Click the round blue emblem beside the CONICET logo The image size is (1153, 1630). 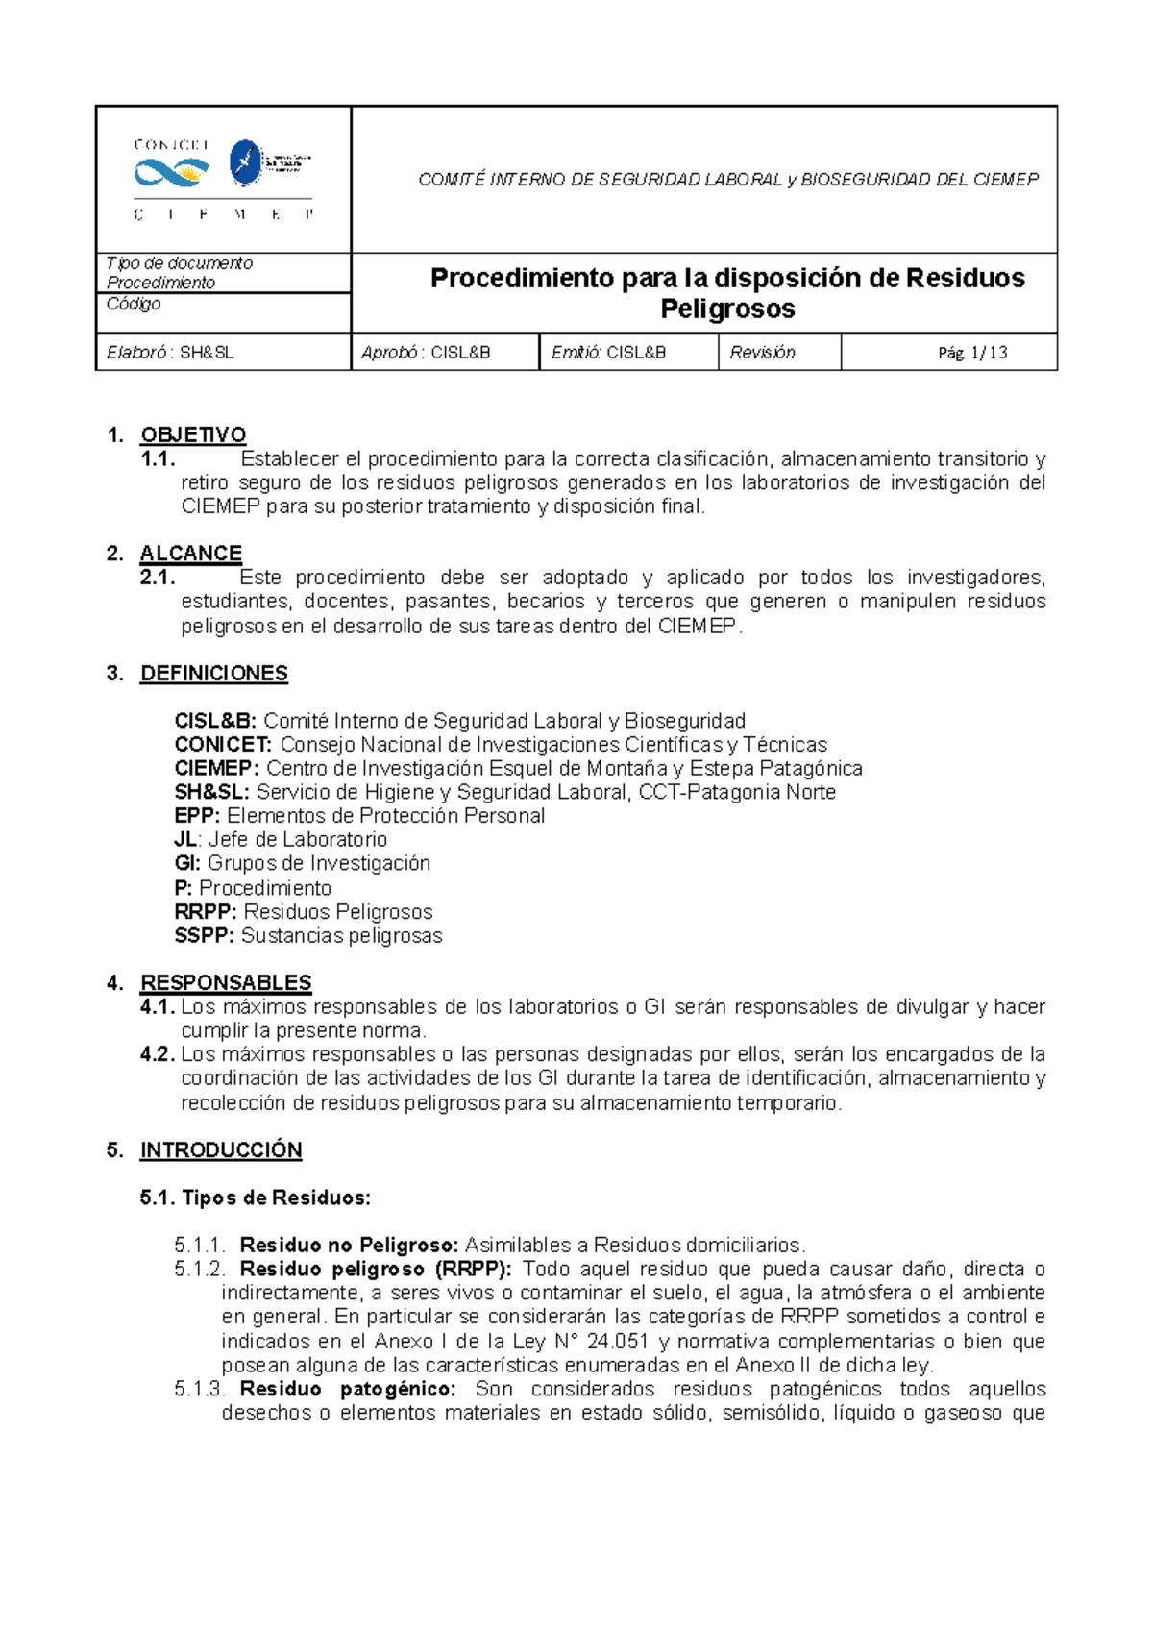point(246,162)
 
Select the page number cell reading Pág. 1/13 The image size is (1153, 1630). point(972,353)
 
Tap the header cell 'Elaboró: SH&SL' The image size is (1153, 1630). point(171,353)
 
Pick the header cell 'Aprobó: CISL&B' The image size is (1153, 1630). point(426,353)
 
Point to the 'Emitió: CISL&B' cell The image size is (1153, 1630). point(608,353)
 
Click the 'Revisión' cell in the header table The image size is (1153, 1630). point(762,353)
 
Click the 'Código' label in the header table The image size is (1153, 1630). point(134,304)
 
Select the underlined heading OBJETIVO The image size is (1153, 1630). point(193,435)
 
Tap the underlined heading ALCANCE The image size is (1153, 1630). point(190,554)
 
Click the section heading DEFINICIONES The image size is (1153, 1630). point(213,674)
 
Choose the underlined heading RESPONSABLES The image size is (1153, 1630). point(226,983)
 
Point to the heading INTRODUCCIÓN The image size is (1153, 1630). point(221,1150)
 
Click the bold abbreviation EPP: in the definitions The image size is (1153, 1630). point(197,816)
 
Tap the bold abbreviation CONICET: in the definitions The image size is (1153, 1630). point(223,745)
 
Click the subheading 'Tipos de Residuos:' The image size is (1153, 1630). point(276,1198)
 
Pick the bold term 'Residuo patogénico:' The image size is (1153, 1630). point(348,1390)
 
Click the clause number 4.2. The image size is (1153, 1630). point(158,1055)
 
